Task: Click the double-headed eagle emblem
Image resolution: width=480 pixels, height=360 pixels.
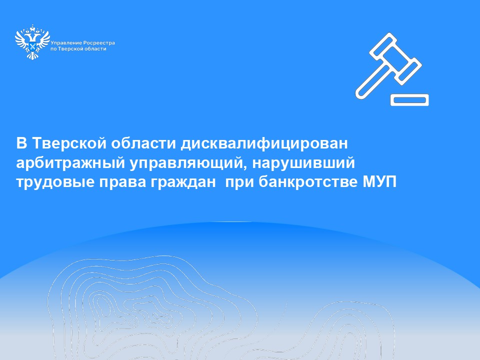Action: (32, 42)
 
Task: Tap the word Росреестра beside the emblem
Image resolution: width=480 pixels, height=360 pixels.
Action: (99, 43)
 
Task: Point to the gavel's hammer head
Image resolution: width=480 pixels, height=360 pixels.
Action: (395, 56)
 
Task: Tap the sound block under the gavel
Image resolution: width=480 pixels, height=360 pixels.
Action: (409, 100)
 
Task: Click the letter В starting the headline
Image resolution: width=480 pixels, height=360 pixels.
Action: (21, 143)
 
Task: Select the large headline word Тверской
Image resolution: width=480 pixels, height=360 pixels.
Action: (69, 143)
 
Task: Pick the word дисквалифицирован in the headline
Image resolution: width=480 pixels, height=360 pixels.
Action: (264, 144)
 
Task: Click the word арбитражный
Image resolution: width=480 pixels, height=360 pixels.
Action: (70, 163)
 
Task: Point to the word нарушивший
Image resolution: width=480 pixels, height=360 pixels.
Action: (303, 162)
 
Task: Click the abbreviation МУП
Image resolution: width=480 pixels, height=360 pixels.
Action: (379, 182)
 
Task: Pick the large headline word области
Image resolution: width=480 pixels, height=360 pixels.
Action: (143, 143)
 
